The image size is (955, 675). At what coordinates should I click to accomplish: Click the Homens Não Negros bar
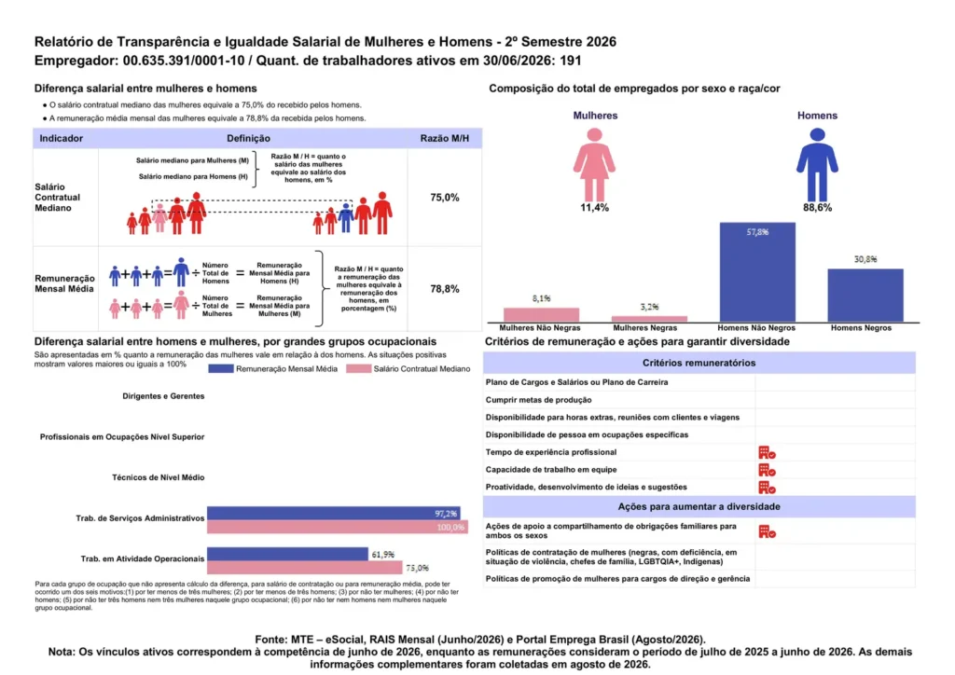[757, 272]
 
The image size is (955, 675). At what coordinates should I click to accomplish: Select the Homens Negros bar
[865, 296]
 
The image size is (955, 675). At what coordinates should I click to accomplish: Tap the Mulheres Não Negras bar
[541, 315]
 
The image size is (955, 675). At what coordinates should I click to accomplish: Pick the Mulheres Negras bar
[649, 318]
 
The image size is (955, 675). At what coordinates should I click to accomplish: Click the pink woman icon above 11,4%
[594, 165]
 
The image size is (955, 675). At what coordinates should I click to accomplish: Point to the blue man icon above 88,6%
[817, 165]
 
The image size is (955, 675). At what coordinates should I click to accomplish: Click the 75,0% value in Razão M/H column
[445, 198]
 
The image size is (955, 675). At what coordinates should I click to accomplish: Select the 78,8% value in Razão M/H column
[445, 289]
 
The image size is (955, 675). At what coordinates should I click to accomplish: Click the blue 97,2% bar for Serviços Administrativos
[334, 513]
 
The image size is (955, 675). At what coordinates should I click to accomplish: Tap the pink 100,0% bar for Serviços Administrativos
[338, 527]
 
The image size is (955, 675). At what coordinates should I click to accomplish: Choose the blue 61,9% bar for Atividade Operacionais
[287, 554]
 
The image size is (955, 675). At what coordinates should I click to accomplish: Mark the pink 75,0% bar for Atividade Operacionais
[305, 568]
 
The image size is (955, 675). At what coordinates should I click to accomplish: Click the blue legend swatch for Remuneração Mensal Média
[220, 369]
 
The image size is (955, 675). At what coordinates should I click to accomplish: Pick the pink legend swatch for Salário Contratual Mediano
[358, 369]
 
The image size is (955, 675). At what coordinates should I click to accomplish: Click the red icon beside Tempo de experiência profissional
[767, 452]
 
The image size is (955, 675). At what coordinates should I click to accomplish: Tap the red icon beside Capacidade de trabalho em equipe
[767, 470]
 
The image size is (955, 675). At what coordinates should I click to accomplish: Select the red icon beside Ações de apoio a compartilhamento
[767, 531]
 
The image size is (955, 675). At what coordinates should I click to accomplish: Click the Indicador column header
[61, 138]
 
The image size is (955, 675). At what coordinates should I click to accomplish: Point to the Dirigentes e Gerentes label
[163, 396]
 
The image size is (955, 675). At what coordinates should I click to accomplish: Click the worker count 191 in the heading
[570, 61]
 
